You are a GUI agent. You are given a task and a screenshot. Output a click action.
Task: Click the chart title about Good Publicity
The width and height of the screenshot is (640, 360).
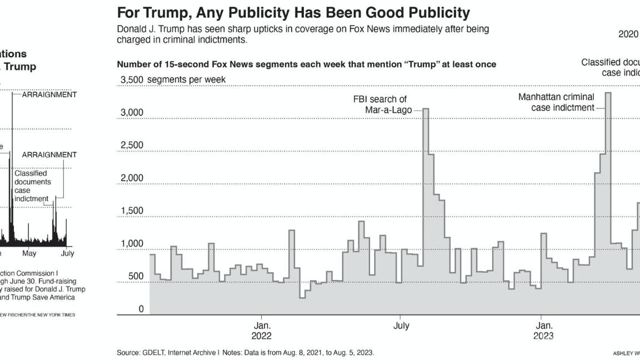click(x=293, y=12)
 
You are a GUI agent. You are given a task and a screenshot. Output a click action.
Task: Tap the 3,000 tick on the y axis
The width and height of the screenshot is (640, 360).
click(x=132, y=113)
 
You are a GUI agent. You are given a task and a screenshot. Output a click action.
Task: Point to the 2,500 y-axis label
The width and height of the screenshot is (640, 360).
click(x=132, y=146)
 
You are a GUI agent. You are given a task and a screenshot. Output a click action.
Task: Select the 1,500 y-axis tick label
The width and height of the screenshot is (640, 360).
click(x=132, y=211)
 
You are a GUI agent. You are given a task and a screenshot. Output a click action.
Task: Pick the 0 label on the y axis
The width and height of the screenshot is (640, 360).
click(x=141, y=309)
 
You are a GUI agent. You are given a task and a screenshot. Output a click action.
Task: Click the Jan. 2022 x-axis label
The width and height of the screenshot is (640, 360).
click(x=262, y=330)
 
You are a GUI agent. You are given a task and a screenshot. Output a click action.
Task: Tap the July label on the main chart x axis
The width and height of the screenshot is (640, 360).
click(x=401, y=326)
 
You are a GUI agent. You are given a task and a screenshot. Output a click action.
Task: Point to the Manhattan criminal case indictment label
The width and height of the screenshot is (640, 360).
click(x=557, y=102)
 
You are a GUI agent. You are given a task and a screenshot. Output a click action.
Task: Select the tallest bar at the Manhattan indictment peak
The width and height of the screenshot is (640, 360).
click(x=608, y=167)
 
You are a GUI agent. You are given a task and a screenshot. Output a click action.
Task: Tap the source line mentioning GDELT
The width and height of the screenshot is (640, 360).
click(x=245, y=353)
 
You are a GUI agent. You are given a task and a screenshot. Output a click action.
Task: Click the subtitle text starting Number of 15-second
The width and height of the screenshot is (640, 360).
click(x=306, y=64)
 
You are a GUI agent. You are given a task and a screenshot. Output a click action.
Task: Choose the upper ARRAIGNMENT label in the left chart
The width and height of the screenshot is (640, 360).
click(x=49, y=94)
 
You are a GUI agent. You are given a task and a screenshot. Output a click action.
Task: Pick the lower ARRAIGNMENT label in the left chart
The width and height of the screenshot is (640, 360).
click(x=49, y=154)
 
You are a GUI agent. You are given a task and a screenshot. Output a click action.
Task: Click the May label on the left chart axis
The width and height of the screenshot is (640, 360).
click(x=29, y=253)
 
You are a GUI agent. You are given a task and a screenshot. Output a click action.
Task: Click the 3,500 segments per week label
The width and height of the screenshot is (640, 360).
click(x=173, y=79)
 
